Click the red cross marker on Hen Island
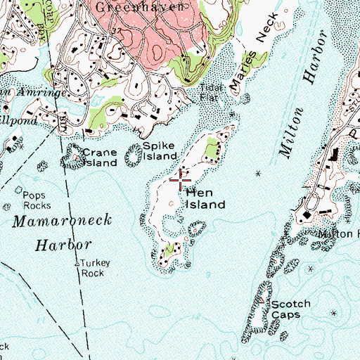tap(181, 181)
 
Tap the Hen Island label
tap(205, 198)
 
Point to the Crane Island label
tap(99, 157)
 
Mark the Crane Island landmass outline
tap(72, 158)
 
